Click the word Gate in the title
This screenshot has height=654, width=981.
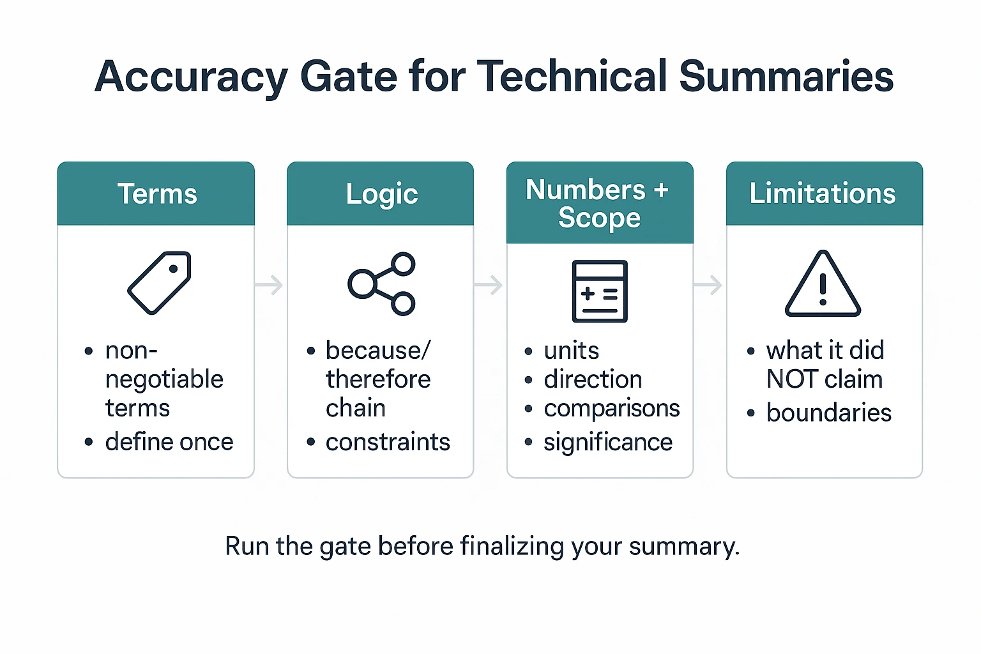tap(348, 77)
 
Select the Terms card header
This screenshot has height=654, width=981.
tap(156, 194)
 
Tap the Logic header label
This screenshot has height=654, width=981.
tap(381, 194)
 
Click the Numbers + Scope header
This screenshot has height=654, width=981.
tap(599, 203)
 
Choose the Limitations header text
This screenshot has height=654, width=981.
tap(823, 194)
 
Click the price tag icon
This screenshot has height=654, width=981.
tap(160, 283)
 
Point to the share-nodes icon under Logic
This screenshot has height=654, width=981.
tap(382, 284)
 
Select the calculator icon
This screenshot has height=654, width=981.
tap(600, 291)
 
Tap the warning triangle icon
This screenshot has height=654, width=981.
tap(823, 284)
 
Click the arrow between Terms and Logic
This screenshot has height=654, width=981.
tap(270, 285)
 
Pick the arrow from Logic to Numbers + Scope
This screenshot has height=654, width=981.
tap(489, 285)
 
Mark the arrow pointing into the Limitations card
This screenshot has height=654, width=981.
tap(708, 285)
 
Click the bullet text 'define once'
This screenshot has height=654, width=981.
tap(169, 442)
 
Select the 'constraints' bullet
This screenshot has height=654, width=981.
tap(388, 442)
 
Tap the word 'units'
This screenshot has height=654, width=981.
tap(572, 351)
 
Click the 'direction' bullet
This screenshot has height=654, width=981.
tap(593, 379)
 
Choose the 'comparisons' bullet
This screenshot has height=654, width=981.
tap(611, 409)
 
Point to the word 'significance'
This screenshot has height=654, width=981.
tap(608, 442)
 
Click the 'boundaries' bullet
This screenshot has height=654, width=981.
tap(828, 413)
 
